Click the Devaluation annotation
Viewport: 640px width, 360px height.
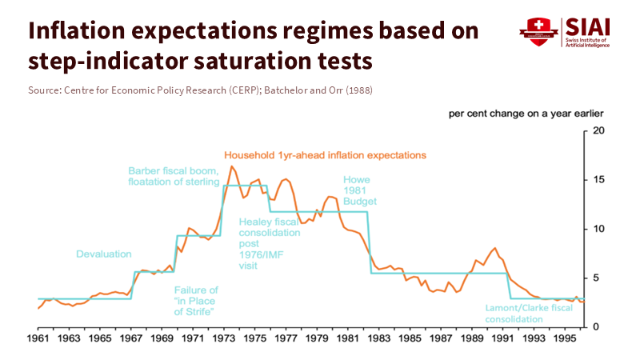(x=103, y=254)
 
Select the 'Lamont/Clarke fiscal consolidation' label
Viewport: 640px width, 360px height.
(x=528, y=313)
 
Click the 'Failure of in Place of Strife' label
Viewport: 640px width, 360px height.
(x=197, y=300)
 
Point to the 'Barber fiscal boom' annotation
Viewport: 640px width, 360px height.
(x=174, y=176)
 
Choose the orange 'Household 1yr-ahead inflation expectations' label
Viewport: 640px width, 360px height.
(x=325, y=154)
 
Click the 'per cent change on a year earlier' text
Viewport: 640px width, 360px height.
(x=526, y=114)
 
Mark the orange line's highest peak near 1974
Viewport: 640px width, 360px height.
(x=232, y=166)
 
